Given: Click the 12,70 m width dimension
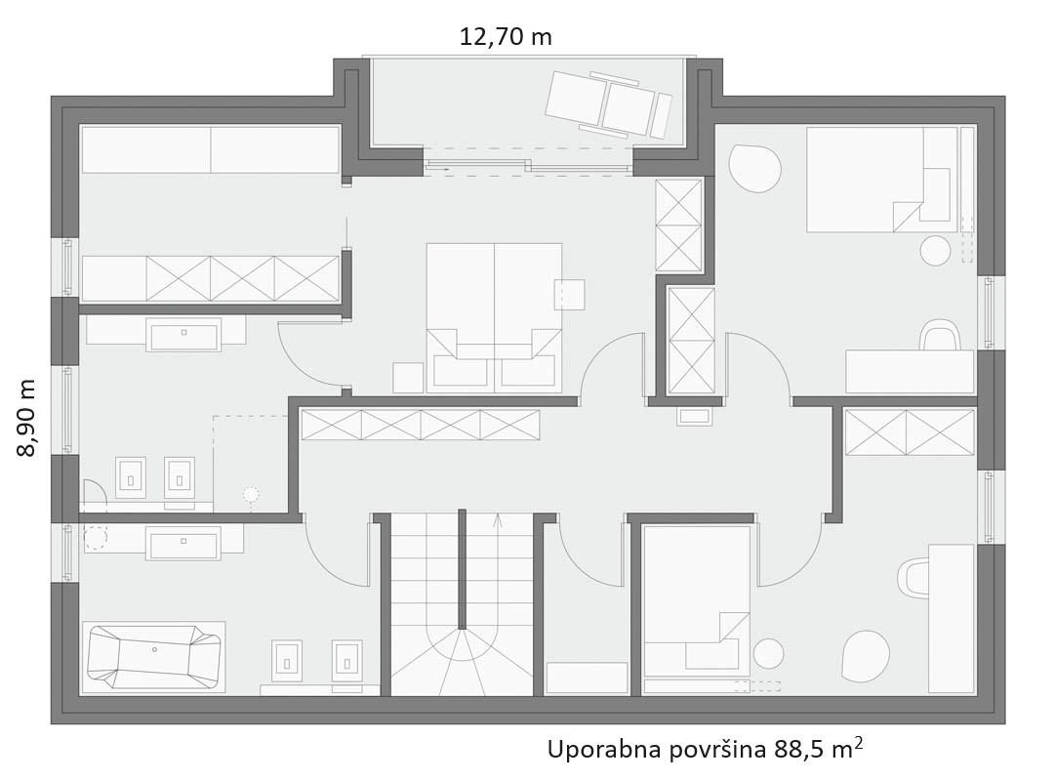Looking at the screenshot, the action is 506,36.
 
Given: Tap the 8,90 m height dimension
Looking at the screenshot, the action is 26,418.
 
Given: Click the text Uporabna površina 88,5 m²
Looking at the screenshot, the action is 706,748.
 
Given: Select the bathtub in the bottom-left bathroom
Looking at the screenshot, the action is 154,657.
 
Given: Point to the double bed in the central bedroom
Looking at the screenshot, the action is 494,318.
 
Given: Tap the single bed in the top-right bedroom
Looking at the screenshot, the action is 881,179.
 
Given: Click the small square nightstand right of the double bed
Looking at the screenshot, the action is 569,294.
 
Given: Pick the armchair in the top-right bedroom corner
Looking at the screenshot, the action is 755,168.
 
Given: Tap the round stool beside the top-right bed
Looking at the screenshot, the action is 935,251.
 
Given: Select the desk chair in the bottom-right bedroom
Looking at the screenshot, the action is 913,576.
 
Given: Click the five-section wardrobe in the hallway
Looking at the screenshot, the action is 421,425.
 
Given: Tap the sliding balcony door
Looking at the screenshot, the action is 528,166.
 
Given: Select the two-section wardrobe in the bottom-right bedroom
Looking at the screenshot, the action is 910,432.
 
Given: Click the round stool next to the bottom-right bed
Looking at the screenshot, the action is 768,653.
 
